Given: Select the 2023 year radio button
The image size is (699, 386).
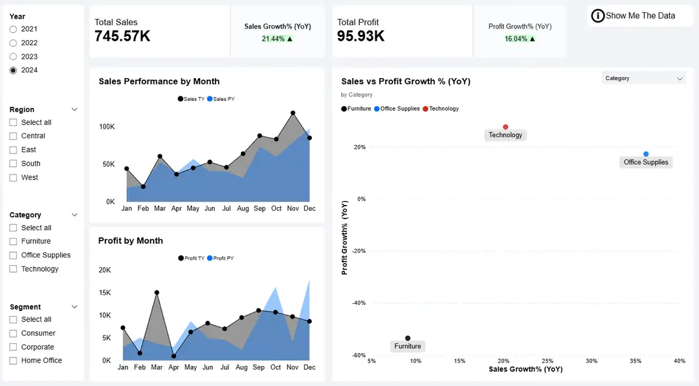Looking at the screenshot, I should pos(13,56).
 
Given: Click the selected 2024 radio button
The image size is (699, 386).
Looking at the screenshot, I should pos(13,70).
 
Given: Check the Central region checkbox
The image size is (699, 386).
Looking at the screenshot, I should pos(13,136).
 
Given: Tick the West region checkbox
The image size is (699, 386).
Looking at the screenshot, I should pos(13,177).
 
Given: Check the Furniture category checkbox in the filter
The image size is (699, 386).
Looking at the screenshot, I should pos(13,241).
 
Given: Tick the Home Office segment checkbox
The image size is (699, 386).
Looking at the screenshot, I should pos(13,360).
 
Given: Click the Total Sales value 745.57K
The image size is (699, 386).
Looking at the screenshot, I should pos(122,36).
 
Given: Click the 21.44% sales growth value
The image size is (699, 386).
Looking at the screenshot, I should pos(273,39).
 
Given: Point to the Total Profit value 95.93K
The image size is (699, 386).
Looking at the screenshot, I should pos(361,36).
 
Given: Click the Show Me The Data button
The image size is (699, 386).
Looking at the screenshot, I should pos(634,16).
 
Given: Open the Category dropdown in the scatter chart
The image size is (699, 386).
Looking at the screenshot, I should pos(643,78).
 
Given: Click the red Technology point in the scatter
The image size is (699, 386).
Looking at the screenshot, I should pos(505,127).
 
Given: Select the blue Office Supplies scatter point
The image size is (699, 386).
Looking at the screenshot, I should pos(646,154).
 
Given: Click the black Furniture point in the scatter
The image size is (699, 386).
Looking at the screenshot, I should pos(408,338).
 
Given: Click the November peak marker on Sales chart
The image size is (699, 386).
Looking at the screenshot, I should pos(293,113).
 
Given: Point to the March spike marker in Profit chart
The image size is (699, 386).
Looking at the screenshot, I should pos(157,292).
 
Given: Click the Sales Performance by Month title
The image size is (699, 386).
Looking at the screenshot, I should pos(159,81).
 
